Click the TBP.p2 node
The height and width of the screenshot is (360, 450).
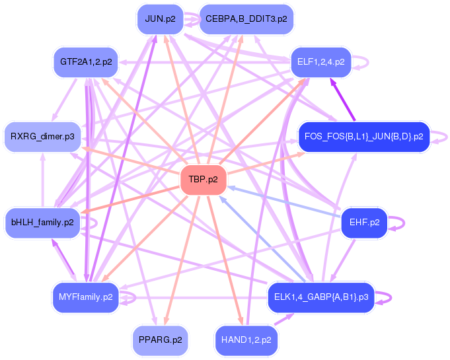click(204, 180)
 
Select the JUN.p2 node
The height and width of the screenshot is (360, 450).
click(160, 19)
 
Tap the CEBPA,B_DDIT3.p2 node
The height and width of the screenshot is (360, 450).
click(246, 19)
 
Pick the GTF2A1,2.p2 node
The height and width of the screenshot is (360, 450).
click(86, 62)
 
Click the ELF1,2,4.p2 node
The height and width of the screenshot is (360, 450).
click(320, 62)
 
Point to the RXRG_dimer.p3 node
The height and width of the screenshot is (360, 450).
click(42, 137)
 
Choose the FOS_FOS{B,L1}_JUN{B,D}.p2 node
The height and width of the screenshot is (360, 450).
click(363, 137)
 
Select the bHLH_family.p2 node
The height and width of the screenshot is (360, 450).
click(42, 222)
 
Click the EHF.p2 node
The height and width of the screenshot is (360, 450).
click(363, 222)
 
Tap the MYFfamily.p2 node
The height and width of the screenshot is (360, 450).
click(86, 297)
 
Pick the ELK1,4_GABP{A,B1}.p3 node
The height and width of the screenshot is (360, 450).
click(320, 297)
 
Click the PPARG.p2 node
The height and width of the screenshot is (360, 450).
click(160, 340)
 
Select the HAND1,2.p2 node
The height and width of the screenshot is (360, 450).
click(246, 340)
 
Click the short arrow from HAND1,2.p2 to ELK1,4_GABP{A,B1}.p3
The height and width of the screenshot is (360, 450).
click(283, 319)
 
